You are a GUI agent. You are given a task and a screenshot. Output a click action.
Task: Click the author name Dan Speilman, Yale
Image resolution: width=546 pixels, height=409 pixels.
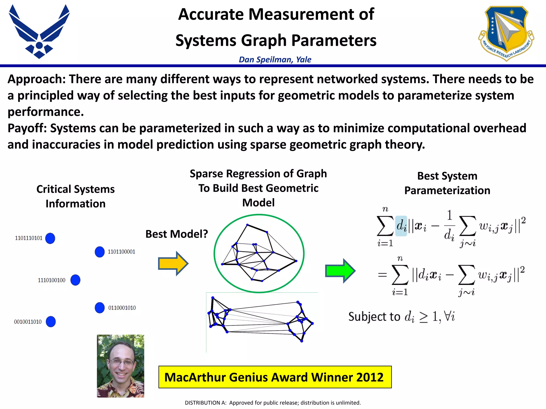275,59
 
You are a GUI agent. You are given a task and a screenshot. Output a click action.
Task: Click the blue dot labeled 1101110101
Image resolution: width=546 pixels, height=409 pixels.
50,238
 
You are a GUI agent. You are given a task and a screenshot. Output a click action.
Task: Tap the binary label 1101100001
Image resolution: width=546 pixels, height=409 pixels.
121,252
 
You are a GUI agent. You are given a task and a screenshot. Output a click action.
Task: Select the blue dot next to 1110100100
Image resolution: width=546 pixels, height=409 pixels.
75,280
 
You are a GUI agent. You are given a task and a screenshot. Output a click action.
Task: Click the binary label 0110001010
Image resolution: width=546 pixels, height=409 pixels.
122,308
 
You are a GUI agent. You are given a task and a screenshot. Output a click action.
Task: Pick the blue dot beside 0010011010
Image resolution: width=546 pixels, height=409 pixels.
51,322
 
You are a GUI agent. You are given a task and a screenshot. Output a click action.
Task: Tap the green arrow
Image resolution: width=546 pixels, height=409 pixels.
340,271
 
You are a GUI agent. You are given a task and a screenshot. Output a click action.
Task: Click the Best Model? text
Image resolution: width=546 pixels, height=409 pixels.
176,234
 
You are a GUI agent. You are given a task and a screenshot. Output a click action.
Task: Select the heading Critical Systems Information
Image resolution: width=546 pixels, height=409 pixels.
75,196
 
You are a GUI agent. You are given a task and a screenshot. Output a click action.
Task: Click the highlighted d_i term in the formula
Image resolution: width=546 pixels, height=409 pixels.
401,226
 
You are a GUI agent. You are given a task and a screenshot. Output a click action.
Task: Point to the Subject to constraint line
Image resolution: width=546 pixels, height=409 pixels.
401,317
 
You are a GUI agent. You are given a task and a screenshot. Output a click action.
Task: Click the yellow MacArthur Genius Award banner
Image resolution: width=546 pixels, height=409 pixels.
275,377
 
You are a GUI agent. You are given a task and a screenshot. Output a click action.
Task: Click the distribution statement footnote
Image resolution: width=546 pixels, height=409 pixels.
273,403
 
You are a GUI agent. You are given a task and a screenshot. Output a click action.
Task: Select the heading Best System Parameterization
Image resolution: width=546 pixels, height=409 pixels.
447,183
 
